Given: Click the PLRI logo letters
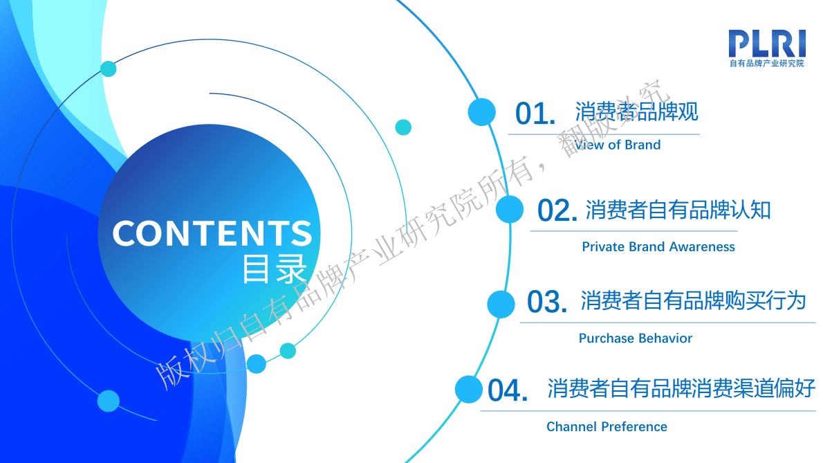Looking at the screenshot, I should pyautogui.click(x=768, y=43).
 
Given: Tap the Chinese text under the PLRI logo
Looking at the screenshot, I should pyautogui.click(x=768, y=64).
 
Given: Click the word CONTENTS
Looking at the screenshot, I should pyautogui.click(x=212, y=233).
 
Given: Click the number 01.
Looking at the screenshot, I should pyautogui.click(x=535, y=114).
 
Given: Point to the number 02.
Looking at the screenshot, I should pyautogui.click(x=557, y=211).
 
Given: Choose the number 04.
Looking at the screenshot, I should pyautogui.click(x=508, y=391).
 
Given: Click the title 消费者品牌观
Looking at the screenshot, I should pyautogui.click(x=636, y=112).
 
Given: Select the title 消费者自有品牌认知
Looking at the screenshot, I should pyautogui.click(x=678, y=210).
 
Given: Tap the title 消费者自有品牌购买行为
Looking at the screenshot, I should pyautogui.click(x=693, y=301).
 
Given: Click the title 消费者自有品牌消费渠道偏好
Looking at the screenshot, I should pyautogui.click(x=681, y=388).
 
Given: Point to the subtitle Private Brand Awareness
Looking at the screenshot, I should pyautogui.click(x=658, y=247).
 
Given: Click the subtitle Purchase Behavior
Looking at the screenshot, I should pyautogui.click(x=635, y=338).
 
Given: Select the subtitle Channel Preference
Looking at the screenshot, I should pyautogui.click(x=607, y=427).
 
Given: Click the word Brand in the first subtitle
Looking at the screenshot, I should pyautogui.click(x=642, y=145).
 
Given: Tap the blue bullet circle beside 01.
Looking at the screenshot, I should pyautogui.click(x=481, y=112).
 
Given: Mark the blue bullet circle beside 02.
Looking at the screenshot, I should pyautogui.click(x=510, y=209).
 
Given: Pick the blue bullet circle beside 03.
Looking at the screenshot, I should pyautogui.click(x=501, y=304).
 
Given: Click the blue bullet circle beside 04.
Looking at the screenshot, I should pyautogui.click(x=468, y=390).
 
